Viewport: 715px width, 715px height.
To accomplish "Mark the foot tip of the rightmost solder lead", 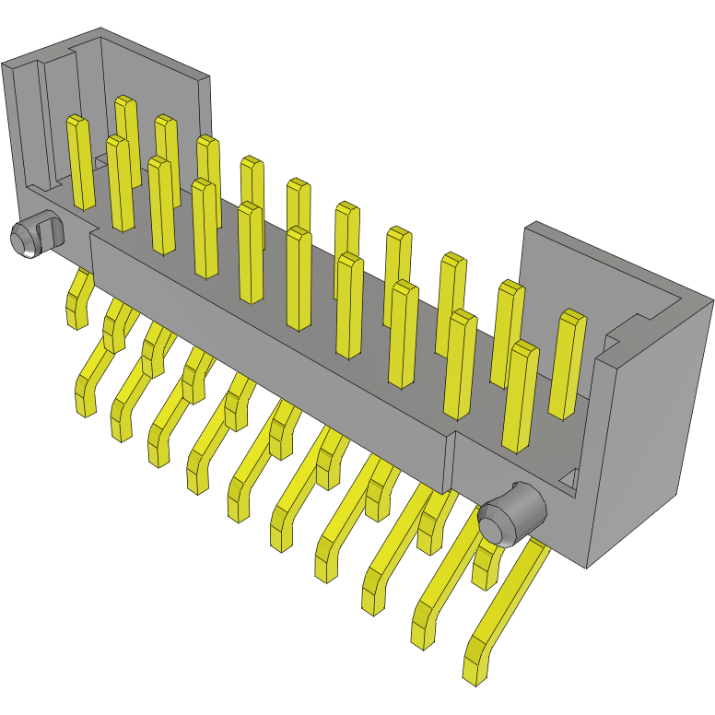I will [474, 668].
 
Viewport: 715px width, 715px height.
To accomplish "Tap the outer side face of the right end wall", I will [650, 433].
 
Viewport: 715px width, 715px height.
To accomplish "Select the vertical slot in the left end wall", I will [41, 120].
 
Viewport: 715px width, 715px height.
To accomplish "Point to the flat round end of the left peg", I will [23, 240].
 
